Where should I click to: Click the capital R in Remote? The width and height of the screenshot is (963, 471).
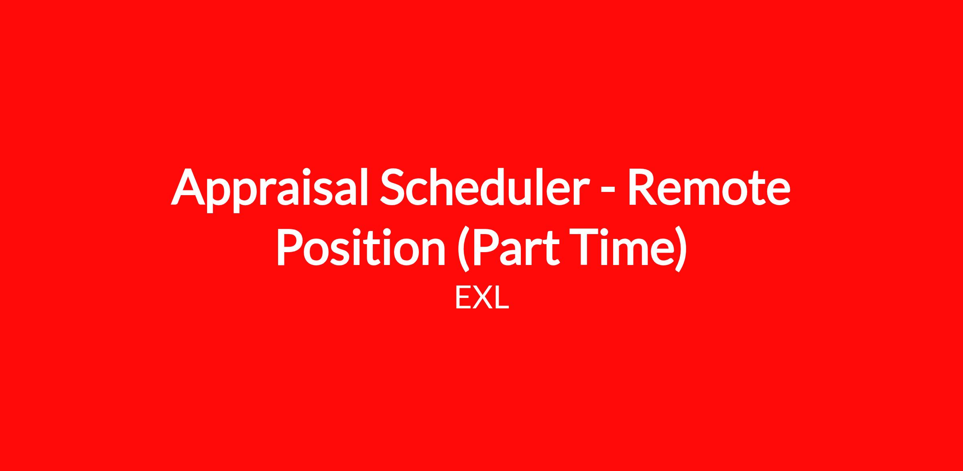click(x=645, y=186)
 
